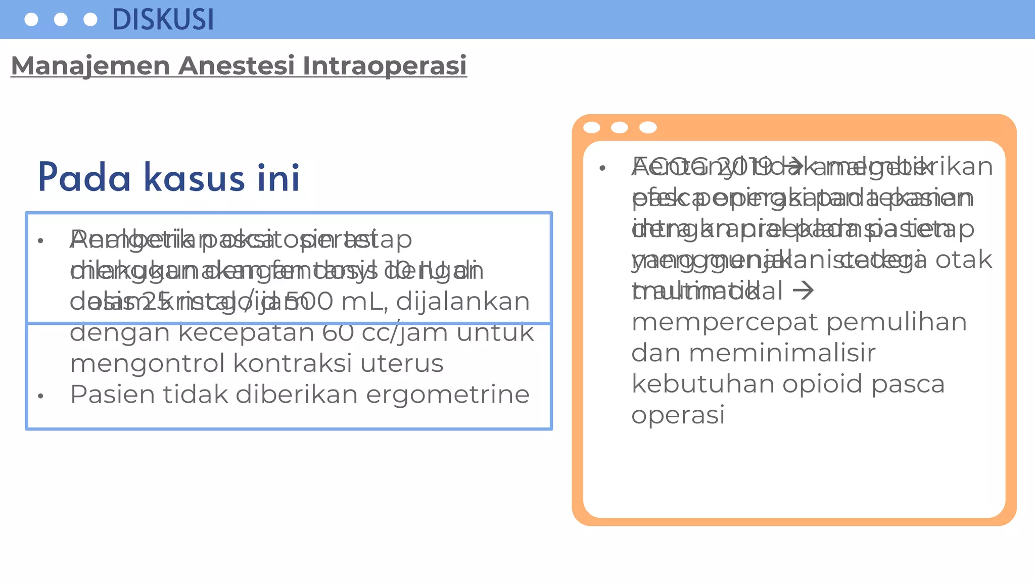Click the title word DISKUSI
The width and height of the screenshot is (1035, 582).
coord(163,20)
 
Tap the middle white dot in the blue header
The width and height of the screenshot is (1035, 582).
coord(61,20)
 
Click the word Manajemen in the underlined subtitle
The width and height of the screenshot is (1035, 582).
coord(90,66)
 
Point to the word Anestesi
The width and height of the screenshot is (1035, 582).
coord(237,66)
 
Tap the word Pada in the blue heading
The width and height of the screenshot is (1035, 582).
coord(84,178)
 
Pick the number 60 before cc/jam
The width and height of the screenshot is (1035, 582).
coord(338,333)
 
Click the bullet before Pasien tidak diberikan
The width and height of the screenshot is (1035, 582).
coord(41,397)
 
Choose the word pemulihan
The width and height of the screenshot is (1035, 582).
coord(897,322)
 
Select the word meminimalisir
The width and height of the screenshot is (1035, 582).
coord(782,353)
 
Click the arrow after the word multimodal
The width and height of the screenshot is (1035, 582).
coord(803,291)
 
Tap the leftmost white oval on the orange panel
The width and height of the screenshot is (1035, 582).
coord(592,128)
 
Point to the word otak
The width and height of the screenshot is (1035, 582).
coord(964,260)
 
